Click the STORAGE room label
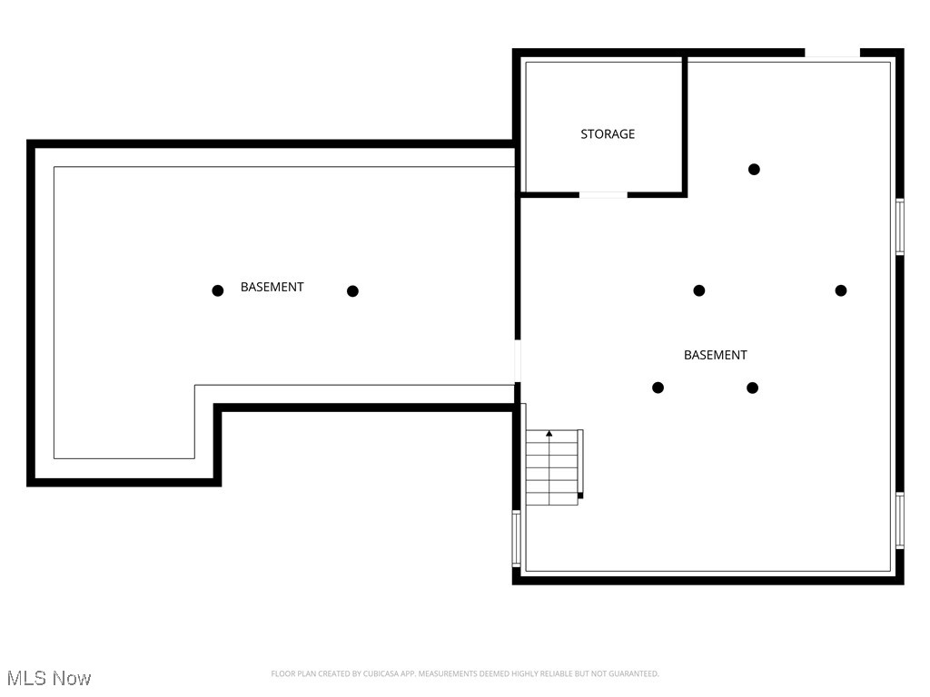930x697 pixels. coord(608,134)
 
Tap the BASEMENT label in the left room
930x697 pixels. coord(272,287)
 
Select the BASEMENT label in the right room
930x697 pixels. coord(715,355)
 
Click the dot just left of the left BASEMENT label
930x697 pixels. coord(218,290)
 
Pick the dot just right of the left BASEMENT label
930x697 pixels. coord(352,290)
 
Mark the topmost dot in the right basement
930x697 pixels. coord(754,169)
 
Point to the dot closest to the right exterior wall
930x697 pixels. coord(841,290)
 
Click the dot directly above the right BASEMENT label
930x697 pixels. coord(699,290)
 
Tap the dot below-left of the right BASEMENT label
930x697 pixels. coord(658,388)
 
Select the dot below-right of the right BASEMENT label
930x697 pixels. coord(752,388)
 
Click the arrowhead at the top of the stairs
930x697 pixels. coord(549,434)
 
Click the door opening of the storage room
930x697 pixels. coord(603,194)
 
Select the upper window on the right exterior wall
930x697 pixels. coord(899,226)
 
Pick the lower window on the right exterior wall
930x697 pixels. coord(899,520)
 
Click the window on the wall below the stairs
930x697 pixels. coord(517,538)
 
